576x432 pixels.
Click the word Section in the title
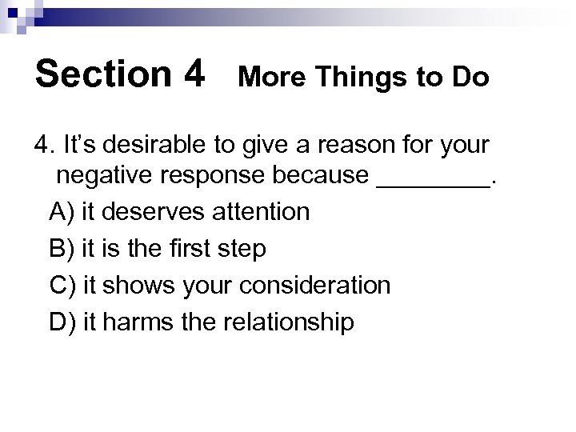102,74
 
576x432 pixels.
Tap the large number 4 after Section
194,74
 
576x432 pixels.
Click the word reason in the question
365,146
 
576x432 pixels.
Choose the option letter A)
60,212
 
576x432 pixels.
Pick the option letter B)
60,249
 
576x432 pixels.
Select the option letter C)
61,286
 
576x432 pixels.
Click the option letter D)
61,322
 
